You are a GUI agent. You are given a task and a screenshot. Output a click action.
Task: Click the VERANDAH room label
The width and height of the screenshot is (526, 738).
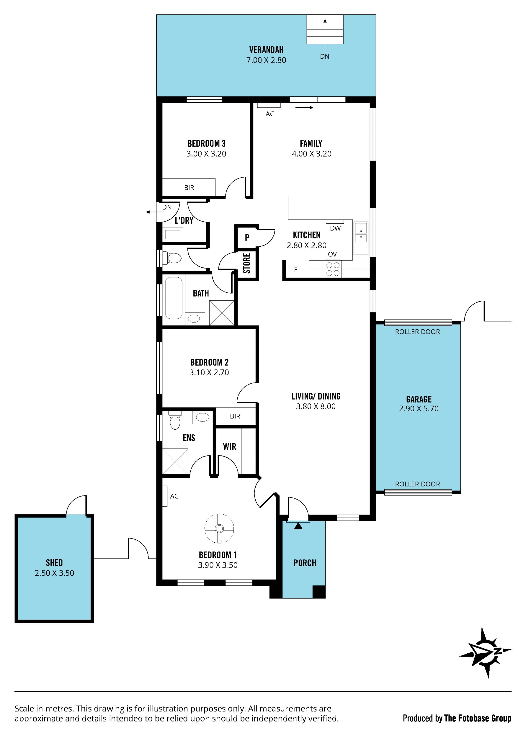pyautogui.click(x=266, y=50)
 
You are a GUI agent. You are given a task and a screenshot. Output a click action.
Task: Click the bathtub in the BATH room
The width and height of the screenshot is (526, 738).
pyautogui.click(x=174, y=298)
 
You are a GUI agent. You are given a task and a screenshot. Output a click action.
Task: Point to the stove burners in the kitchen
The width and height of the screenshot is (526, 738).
pyautogui.click(x=333, y=269)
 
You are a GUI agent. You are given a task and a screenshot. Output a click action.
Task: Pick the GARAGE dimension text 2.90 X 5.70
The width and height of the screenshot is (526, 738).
pyautogui.click(x=419, y=409)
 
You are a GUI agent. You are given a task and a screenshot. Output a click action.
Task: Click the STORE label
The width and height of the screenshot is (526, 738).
pyautogui.click(x=247, y=263)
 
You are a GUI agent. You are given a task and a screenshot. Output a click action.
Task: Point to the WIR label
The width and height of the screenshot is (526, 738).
pyautogui.click(x=230, y=446)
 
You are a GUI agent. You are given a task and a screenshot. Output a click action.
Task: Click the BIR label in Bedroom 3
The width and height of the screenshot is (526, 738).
pyautogui.click(x=189, y=187)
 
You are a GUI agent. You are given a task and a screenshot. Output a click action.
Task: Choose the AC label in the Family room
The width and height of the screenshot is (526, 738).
pyautogui.click(x=270, y=114)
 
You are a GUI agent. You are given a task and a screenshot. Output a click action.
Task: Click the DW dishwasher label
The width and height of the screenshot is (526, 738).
pyautogui.click(x=335, y=228)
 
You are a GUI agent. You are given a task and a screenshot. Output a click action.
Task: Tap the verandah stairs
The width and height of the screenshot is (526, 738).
pyautogui.click(x=325, y=29)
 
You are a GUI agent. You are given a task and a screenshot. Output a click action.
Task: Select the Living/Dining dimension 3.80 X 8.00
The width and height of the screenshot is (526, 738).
pyautogui.click(x=316, y=406)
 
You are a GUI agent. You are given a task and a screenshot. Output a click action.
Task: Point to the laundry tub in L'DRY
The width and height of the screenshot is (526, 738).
pyautogui.click(x=173, y=234)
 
